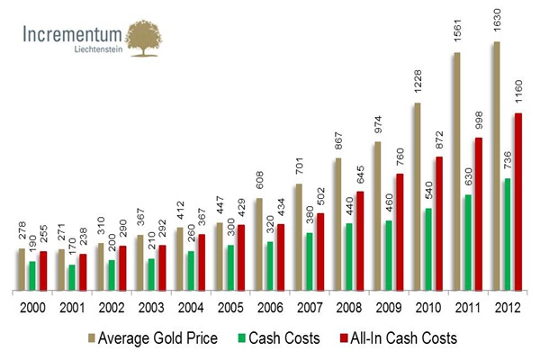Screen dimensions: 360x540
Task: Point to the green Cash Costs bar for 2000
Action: tap(31, 275)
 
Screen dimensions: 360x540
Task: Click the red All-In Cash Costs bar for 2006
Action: tap(280, 256)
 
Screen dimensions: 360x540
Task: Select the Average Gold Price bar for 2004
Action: tap(180, 258)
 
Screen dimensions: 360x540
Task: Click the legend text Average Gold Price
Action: tap(157, 338)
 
